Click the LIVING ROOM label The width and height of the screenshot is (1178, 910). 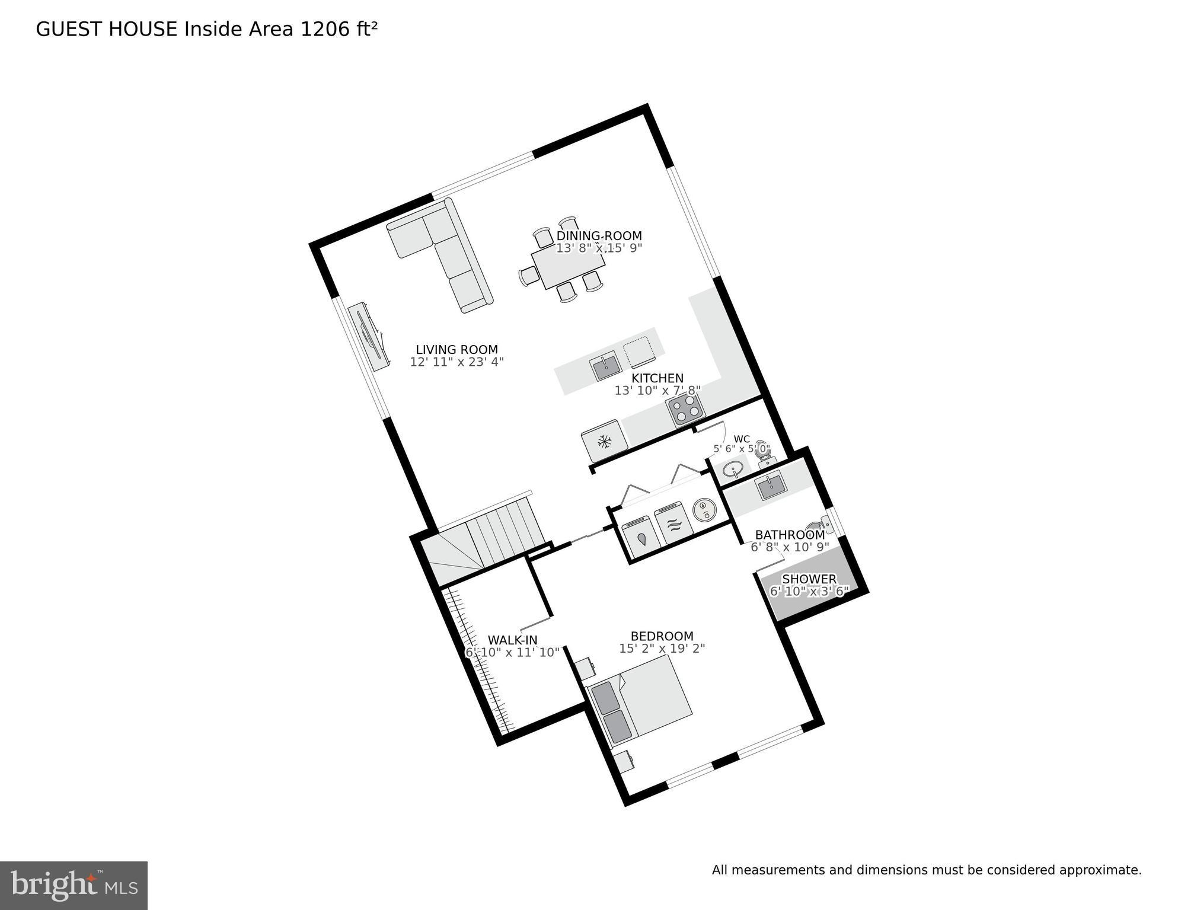[x=456, y=350]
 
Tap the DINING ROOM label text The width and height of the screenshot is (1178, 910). [x=599, y=236]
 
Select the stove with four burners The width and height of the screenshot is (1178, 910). [x=685, y=409]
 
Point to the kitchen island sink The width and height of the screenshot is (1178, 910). [x=605, y=368]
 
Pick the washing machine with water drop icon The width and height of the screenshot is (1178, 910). [x=642, y=538]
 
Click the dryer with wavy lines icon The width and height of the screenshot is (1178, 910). [x=675, y=524]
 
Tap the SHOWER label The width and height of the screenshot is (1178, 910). [x=809, y=579]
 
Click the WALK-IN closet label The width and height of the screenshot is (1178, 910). [x=512, y=640]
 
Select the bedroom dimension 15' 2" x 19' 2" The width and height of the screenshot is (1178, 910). [x=662, y=649]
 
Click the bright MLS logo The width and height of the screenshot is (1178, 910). [x=74, y=885]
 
